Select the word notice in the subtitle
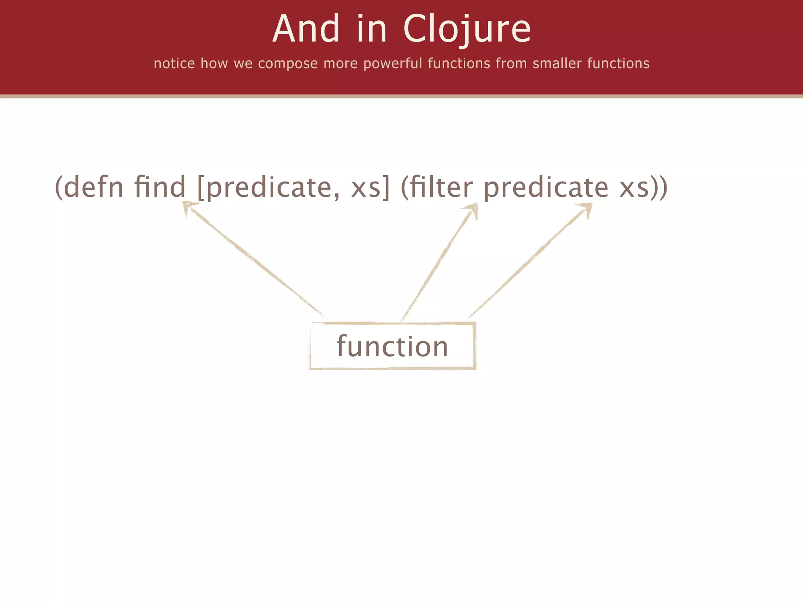174,63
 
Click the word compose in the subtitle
288,63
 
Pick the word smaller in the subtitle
557,63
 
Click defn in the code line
94,187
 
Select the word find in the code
160,187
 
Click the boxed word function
392,346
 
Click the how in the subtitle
214,63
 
